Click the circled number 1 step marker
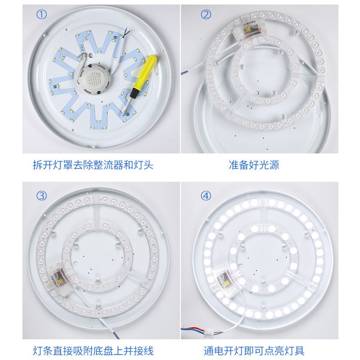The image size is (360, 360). pyautogui.click(x=41, y=14)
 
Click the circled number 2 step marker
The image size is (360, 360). pyautogui.click(x=206, y=14)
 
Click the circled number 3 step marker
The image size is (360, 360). pyautogui.click(x=41, y=196)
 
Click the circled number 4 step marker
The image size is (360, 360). pyautogui.click(x=206, y=196)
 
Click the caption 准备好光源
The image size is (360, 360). pyautogui.click(x=254, y=165)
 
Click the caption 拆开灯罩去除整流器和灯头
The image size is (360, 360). pyautogui.click(x=93, y=165)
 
